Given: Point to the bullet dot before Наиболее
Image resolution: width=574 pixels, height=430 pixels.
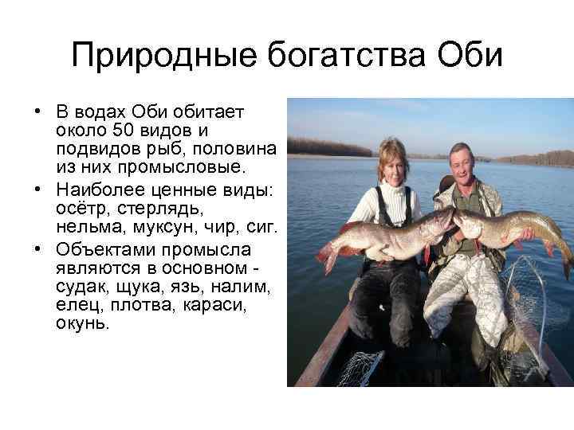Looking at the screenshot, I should coord(37,189).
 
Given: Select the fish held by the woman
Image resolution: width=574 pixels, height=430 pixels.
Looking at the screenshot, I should coord(383,235).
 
